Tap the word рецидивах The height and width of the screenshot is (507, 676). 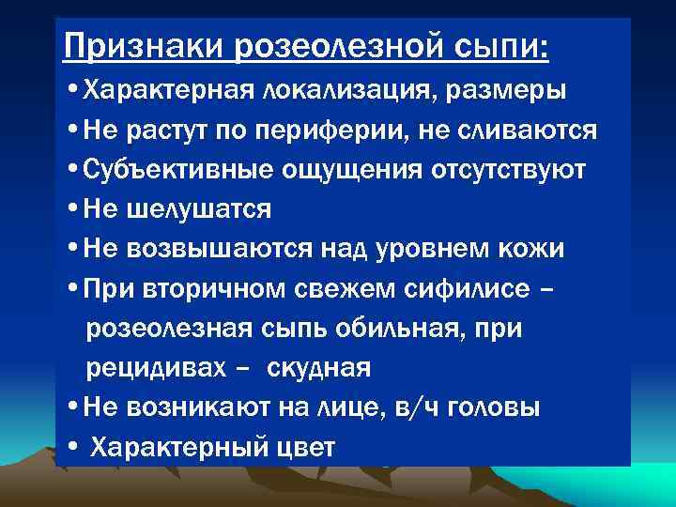pos(154,368)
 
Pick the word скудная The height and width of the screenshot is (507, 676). pos(319,368)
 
